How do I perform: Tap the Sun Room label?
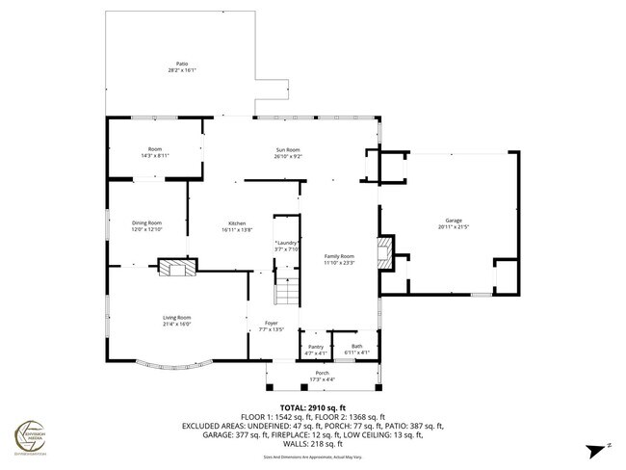tap(288, 149)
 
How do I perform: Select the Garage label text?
tap(453, 221)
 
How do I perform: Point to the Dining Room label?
tap(146, 222)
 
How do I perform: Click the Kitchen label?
tap(237, 222)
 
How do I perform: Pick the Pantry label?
tap(316, 346)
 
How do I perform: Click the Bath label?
tap(357, 346)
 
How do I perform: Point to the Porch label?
tap(322, 373)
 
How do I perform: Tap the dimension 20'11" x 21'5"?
tap(453, 227)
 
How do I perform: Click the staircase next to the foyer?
tap(289, 291)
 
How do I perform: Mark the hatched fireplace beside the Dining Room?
tap(175, 268)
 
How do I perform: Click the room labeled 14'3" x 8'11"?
tap(154, 152)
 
